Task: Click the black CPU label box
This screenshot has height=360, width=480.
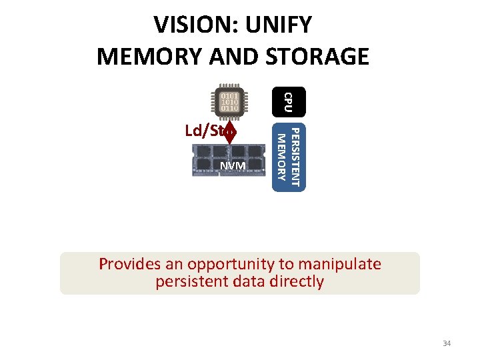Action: pyautogui.click(x=289, y=101)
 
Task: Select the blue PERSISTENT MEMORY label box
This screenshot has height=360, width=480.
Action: pyautogui.click(x=289, y=157)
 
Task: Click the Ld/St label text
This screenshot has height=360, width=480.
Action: pyautogui.click(x=204, y=131)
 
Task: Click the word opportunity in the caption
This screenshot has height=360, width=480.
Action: pyautogui.click(x=231, y=264)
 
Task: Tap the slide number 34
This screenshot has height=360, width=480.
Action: pyautogui.click(x=447, y=343)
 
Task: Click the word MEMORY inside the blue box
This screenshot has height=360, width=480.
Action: pyautogui.click(x=281, y=157)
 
